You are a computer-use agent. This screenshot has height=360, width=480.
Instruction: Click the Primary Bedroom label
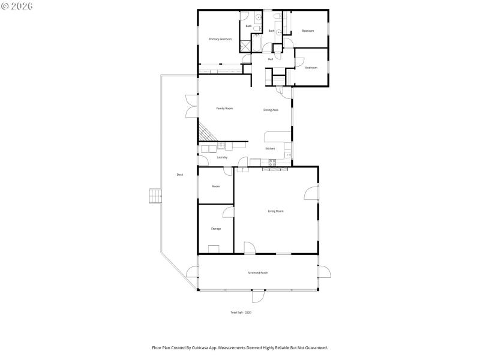(x=220, y=39)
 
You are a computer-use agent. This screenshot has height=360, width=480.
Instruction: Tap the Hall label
(x=271, y=59)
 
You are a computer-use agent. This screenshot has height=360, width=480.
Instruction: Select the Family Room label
(x=224, y=109)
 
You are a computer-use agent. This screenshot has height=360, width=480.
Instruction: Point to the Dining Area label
(x=271, y=110)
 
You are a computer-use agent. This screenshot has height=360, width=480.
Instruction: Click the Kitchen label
(x=271, y=148)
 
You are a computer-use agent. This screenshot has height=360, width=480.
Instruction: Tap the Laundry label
(x=222, y=157)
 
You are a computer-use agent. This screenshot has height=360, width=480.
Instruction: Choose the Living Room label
(x=275, y=211)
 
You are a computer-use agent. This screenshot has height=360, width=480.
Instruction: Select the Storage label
(x=216, y=229)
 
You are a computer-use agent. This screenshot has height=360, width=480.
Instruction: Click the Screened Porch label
(x=258, y=273)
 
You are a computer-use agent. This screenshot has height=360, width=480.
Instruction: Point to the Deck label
(x=179, y=175)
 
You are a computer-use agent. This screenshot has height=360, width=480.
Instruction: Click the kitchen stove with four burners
(x=272, y=161)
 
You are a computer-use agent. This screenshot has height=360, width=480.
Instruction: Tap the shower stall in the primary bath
(x=246, y=47)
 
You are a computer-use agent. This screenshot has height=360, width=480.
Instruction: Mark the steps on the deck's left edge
(x=155, y=196)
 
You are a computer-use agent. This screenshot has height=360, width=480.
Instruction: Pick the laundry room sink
(x=221, y=145)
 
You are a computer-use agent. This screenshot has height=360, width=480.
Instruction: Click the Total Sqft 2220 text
(x=241, y=313)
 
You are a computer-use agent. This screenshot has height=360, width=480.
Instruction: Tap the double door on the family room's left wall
(x=191, y=106)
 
